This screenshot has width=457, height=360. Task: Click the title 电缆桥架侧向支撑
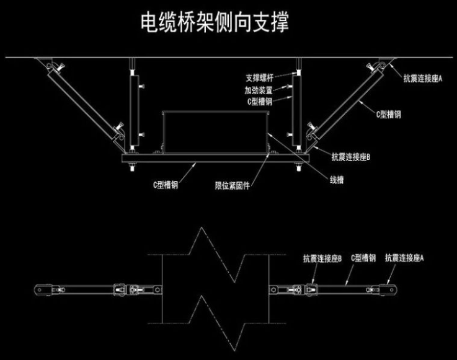tap(215, 23)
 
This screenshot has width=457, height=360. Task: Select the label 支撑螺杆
tap(259, 79)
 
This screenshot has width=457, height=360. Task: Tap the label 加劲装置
tap(259, 89)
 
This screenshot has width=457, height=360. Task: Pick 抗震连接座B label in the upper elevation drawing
tap(351, 157)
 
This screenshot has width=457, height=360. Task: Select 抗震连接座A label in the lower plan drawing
tap(404, 257)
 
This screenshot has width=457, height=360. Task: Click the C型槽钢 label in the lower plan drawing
tap(363, 257)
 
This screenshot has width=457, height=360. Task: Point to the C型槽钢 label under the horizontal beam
tap(166, 184)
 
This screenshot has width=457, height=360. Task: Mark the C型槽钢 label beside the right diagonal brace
tap(389, 115)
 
